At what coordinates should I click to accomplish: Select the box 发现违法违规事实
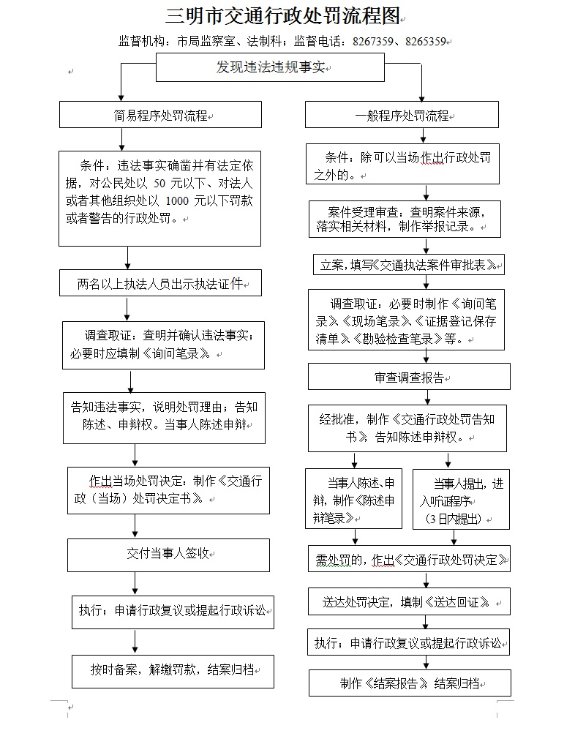point(270,69)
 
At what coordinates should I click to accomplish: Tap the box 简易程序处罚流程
point(160,115)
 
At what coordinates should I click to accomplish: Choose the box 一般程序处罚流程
point(402,116)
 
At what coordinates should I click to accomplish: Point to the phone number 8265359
point(425,42)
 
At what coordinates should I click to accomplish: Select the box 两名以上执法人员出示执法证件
point(160,283)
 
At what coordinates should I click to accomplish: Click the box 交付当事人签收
point(169,554)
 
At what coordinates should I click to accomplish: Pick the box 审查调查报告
point(409,378)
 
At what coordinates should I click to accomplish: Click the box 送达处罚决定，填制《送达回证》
point(409,602)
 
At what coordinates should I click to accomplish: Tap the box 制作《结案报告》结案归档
point(409,683)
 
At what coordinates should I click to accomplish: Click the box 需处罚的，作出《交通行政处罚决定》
point(409,560)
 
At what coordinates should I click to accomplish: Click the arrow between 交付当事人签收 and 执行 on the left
point(135,579)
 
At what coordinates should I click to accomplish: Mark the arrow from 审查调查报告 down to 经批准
point(410,397)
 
